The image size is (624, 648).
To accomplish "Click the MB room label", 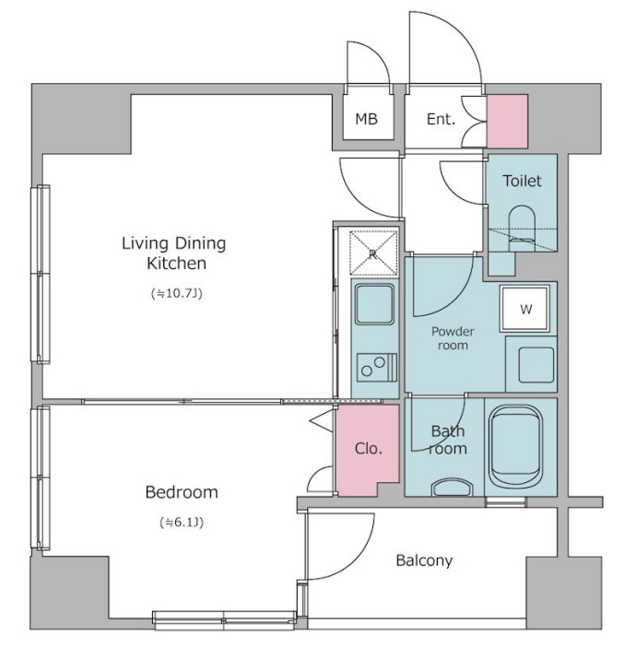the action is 366,119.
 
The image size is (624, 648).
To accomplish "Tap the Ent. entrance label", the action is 441,119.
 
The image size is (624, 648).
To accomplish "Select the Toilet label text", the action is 522,181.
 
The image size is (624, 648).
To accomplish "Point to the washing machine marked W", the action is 524,308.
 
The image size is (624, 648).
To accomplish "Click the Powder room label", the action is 453,338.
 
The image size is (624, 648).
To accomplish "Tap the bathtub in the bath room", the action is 516,447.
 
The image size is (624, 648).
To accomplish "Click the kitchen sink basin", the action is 374,304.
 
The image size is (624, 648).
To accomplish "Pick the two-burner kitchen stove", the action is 377,367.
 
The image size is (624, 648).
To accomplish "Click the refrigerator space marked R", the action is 373,253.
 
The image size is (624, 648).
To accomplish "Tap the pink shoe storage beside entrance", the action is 507,121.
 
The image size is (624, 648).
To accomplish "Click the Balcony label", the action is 424,560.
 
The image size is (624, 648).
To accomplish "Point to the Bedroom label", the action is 182,492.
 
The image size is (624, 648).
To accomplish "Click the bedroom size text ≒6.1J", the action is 182,523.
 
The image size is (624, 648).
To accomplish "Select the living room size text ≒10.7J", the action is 177,293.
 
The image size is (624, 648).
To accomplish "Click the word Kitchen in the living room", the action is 176,264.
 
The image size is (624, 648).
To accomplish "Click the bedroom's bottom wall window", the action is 224,620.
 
